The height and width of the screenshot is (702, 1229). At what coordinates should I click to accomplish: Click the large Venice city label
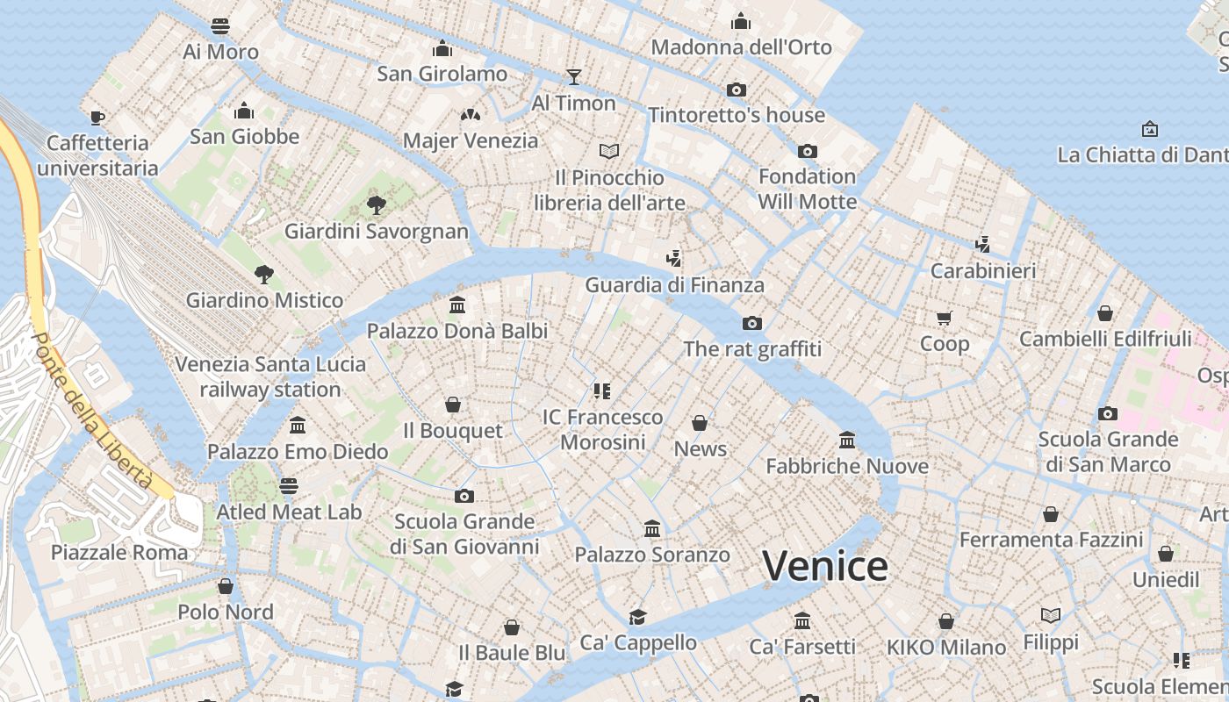(824, 566)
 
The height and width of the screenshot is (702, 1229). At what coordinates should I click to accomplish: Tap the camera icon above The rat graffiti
(752, 323)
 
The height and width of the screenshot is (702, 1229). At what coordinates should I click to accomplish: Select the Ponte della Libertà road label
(92, 412)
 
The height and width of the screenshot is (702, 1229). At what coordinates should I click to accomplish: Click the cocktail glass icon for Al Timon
(573, 76)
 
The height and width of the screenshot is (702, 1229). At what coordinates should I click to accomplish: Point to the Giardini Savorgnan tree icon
(376, 205)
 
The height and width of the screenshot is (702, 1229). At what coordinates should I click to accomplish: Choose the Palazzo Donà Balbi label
(456, 331)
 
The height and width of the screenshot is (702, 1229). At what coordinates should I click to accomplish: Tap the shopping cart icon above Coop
(944, 318)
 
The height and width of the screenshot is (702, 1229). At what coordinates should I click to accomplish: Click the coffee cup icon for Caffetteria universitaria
(97, 117)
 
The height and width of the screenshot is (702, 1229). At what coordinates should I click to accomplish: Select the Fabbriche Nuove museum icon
(847, 439)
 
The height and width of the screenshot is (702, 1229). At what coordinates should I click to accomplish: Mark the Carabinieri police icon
(983, 244)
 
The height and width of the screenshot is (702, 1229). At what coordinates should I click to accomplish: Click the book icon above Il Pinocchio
(609, 151)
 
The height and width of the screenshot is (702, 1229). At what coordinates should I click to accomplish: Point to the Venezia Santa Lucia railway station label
(270, 376)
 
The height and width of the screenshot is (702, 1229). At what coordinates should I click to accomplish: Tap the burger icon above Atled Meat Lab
(289, 485)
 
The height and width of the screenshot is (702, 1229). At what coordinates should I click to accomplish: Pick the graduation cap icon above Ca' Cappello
(637, 616)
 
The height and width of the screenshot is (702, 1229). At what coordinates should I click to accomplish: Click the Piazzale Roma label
(119, 553)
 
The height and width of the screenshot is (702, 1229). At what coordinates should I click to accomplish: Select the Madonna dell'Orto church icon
(741, 21)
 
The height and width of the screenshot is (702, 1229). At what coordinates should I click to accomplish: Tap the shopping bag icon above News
(700, 423)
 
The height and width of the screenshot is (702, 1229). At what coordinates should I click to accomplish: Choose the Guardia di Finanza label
(674, 285)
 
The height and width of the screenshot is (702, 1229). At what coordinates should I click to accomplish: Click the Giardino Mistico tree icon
(263, 274)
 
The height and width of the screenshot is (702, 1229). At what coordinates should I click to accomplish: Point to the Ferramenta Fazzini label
(1051, 540)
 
